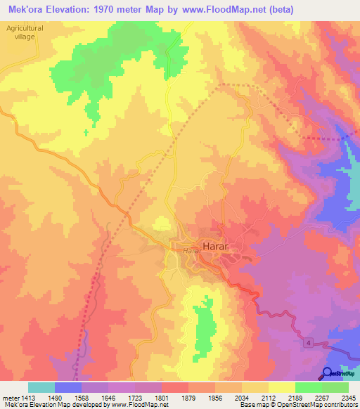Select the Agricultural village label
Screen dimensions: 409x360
click(25, 32)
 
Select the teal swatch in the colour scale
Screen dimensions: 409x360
click(41, 387)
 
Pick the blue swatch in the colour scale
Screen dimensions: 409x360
click(68, 387)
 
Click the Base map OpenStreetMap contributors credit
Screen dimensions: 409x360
click(298, 405)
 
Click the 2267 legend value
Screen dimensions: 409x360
click(321, 397)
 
